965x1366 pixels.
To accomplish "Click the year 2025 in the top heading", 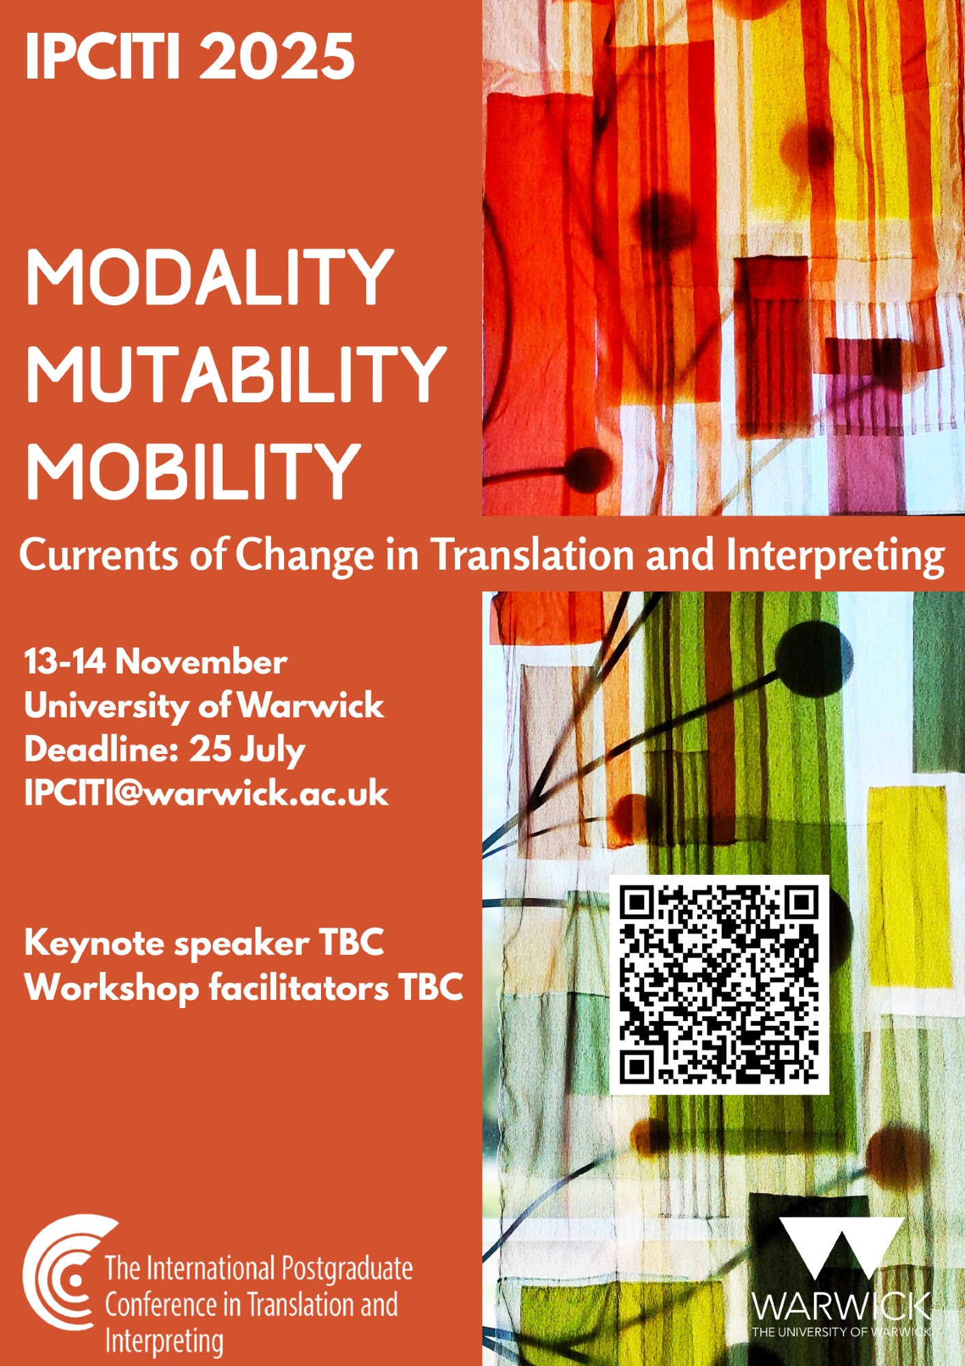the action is (277, 56).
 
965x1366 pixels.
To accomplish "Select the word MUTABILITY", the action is (236, 374).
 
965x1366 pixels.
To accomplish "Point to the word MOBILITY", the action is (193, 471).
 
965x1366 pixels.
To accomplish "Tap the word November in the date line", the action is (201, 661).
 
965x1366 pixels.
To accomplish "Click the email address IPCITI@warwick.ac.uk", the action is (206, 793).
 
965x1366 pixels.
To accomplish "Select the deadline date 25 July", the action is (247, 750).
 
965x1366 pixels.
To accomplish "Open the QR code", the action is (718, 985).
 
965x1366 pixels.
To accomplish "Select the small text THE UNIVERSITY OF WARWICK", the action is (841, 1332).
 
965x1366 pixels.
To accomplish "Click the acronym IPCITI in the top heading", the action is (103, 56).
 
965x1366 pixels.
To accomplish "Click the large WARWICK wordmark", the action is (841, 1306).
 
